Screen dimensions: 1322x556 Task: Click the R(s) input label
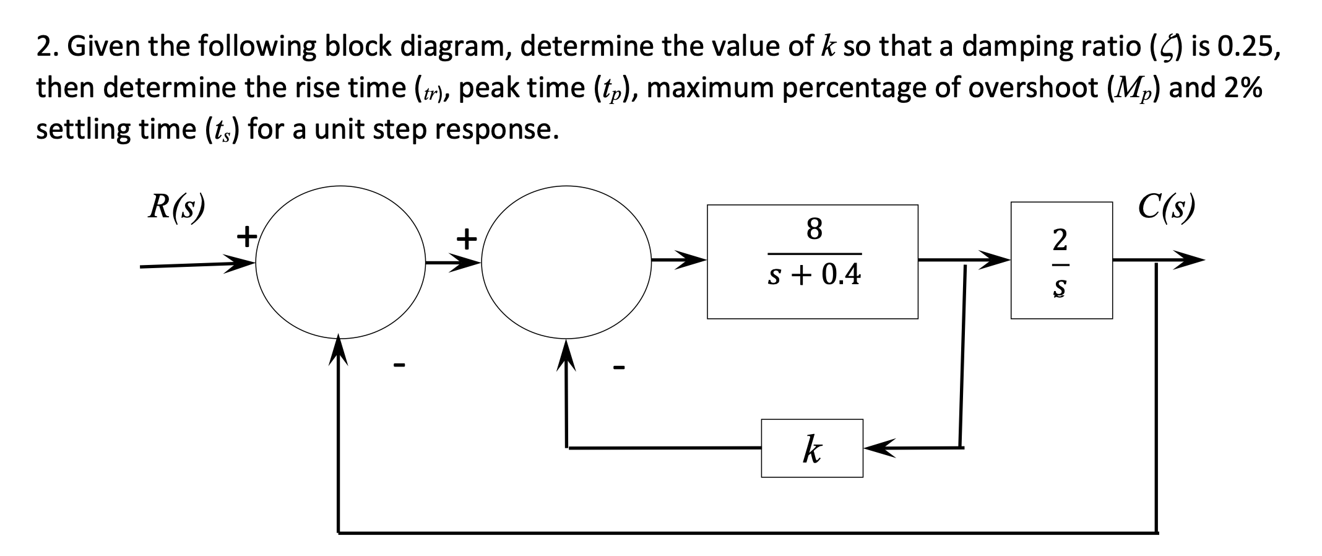coord(176,207)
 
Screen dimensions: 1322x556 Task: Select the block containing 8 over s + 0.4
coord(812,261)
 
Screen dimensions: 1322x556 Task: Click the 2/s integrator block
coord(1061,260)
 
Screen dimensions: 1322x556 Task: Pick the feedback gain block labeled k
coord(811,448)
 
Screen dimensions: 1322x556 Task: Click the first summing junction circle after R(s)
coord(340,261)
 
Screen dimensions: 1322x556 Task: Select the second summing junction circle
coord(566,261)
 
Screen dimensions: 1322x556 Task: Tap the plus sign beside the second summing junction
coord(467,237)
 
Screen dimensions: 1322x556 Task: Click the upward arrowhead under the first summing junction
coord(338,349)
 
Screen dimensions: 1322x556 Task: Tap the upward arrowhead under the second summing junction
coord(566,352)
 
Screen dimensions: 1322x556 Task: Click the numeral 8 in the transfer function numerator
coord(814,228)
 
